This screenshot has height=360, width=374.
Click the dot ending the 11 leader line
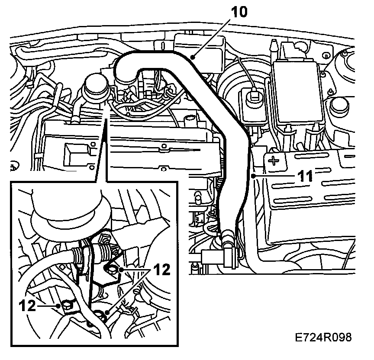[252, 176]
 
